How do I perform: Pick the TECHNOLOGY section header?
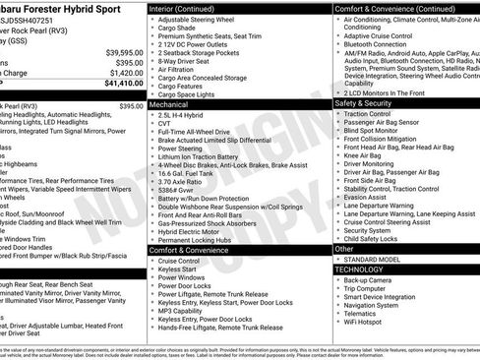(359, 269)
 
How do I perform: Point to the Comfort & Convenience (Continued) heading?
(392, 8)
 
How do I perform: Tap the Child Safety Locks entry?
(372, 239)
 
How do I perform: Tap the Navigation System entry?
(372, 305)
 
